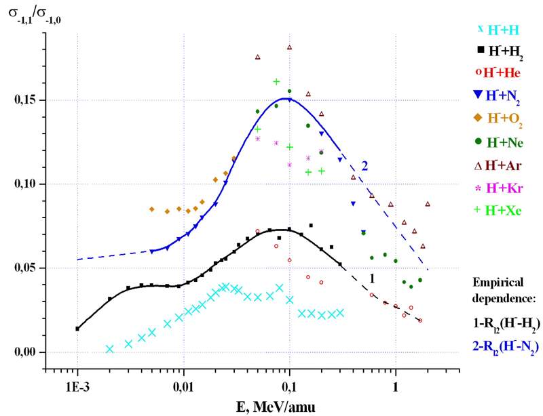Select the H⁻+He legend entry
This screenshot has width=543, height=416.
(498, 72)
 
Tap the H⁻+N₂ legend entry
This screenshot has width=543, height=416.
(498, 96)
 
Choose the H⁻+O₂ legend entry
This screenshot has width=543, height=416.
(498, 119)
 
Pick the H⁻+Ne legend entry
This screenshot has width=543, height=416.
(498, 142)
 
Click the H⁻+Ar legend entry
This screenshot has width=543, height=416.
(498, 165)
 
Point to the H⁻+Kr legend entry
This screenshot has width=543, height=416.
(498, 187)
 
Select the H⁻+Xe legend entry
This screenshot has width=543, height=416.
(498, 210)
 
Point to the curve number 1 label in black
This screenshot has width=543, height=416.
(372, 278)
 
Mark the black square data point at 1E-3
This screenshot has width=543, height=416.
(77, 329)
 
